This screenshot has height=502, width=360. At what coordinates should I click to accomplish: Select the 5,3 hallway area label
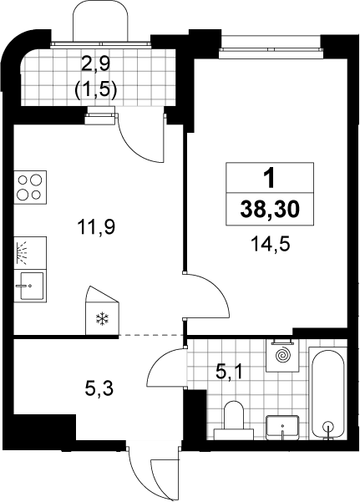(x=99, y=390)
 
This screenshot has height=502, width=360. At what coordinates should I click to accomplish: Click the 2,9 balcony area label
(x=95, y=64)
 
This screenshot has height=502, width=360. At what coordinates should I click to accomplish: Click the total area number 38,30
(x=270, y=210)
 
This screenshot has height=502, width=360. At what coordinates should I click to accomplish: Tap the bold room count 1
(x=270, y=179)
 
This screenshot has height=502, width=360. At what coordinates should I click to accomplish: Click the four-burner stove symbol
(x=30, y=187)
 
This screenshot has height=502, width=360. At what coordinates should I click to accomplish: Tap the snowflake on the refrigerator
(x=103, y=319)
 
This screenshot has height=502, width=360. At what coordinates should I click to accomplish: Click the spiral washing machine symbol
(x=283, y=355)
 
